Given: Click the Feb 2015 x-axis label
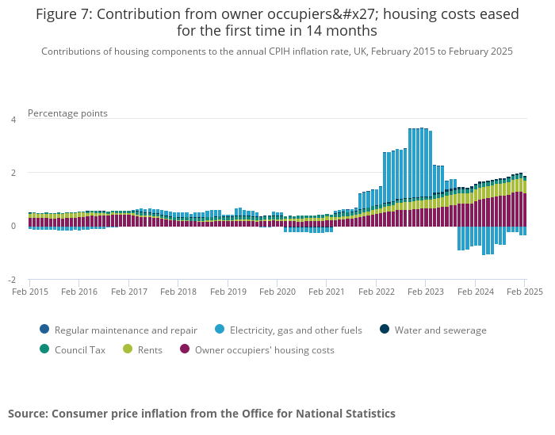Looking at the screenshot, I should pos(29,292).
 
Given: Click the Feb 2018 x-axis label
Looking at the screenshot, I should pos(178,292).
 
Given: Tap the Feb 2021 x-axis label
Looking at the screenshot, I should pos(327,292).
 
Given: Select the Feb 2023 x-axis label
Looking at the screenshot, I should pos(426,292).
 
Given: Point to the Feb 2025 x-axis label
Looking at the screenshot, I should pos(523,292).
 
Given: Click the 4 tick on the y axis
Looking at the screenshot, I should pos(13,120).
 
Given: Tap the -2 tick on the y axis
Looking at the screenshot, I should pos(12,280).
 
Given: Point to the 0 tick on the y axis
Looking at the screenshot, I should pos(13,226).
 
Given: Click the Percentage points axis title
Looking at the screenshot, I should pos(67,113).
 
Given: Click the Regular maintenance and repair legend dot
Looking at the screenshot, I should pos(44,330).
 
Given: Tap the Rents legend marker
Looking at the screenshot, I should pos(127,349).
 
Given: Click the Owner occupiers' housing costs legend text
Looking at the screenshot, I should pos(264,350).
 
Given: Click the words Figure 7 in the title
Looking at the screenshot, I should pos(63,14).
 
